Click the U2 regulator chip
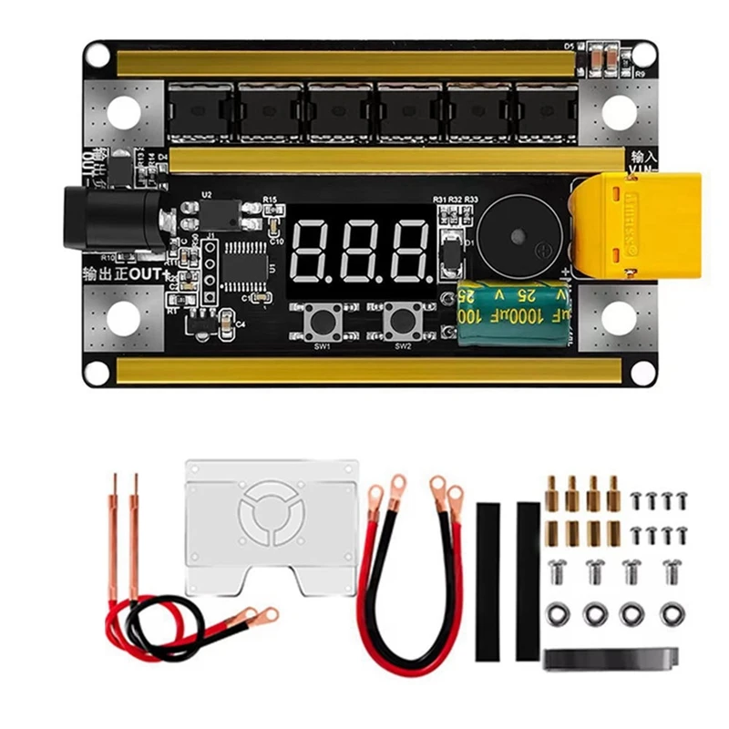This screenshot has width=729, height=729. point(221,215)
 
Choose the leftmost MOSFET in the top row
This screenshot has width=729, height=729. point(200,113)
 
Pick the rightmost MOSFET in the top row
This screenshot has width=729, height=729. point(546,113)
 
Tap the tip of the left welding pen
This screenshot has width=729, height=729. point(116,481)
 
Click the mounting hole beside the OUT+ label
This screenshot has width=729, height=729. point(124,317)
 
